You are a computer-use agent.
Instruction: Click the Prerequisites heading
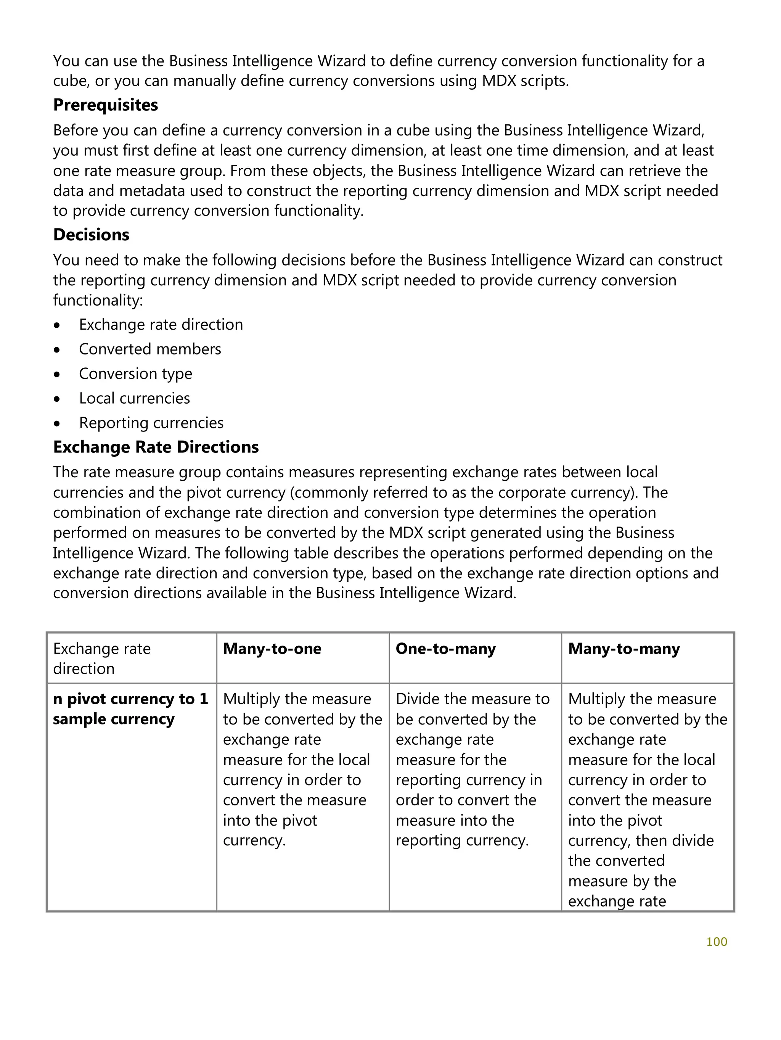click(x=105, y=105)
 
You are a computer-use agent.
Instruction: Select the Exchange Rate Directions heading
click(x=156, y=447)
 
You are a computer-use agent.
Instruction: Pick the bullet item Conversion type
click(x=135, y=373)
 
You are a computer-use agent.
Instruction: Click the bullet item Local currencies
click(x=134, y=398)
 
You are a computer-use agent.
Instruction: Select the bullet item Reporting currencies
click(x=151, y=423)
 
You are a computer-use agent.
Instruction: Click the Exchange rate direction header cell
click(x=101, y=658)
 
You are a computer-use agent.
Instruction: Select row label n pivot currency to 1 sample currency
click(x=130, y=709)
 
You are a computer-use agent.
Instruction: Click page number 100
click(x=717, y=941)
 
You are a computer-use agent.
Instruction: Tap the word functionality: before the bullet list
click(x=98, y=300)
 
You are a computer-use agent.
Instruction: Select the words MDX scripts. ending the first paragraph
click(x=525, y=81)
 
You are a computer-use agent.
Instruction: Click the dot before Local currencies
click(x=57, y=399)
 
